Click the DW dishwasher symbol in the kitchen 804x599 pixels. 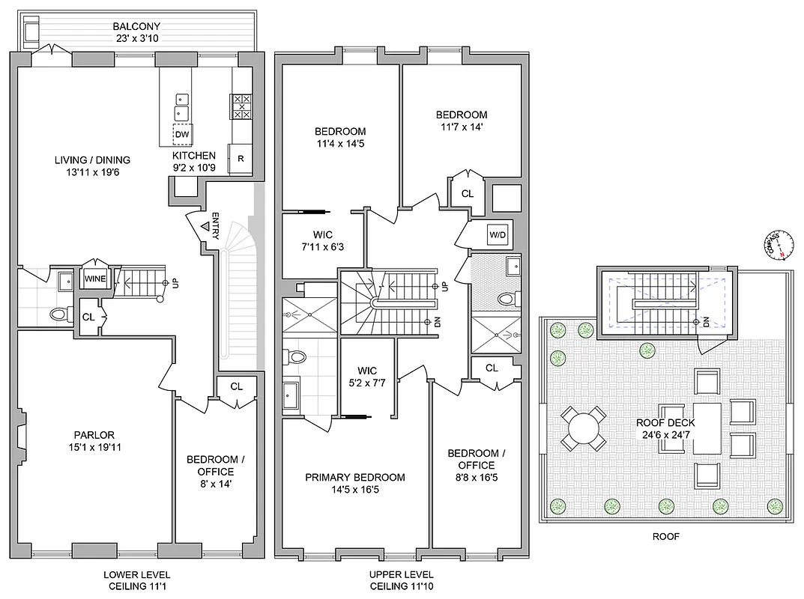182,135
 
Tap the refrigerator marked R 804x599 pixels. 241,158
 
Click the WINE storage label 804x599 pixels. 94,279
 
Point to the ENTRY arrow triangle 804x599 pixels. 204,227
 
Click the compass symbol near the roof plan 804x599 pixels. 775,244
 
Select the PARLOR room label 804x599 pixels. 94,435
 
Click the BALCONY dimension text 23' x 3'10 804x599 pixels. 136,40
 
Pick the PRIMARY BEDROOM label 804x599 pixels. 355,478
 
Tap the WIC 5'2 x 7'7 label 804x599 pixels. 367,377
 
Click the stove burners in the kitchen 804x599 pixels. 241,106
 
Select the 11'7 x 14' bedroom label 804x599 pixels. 462,121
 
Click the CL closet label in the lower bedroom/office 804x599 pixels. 237,387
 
